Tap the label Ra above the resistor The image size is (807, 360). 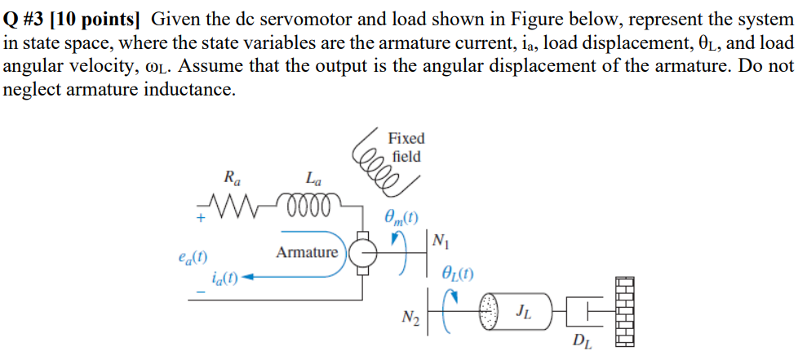click(231, 176)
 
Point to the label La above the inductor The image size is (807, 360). click(313, 176)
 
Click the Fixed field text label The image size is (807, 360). click(406, 147)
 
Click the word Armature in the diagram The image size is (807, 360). click(307, 252)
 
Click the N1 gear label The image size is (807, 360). click(441, 241)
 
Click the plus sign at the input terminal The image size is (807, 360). click(197, 218)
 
